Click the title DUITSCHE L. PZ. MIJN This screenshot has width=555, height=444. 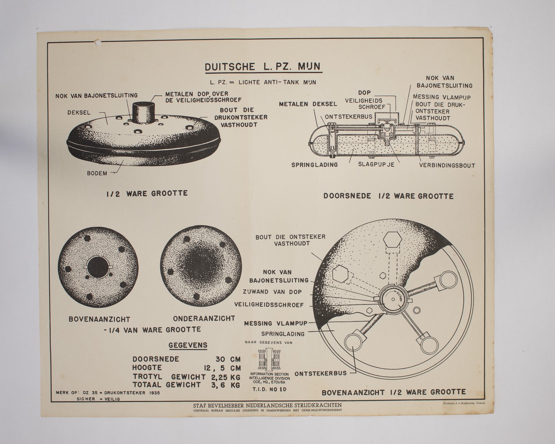(263, 67)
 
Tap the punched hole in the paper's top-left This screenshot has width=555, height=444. (99, 43)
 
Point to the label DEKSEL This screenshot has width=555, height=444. (79, 112)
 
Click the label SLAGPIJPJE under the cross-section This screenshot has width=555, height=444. (376, 164)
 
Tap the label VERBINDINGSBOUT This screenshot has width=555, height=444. (447, 165)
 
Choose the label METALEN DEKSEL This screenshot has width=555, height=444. (308, 104)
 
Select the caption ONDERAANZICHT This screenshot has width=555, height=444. (204, 318)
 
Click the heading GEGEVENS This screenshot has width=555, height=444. (188, 345)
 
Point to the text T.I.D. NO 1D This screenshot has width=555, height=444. (269, 389)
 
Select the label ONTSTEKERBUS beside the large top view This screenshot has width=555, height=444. (321, 373)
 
